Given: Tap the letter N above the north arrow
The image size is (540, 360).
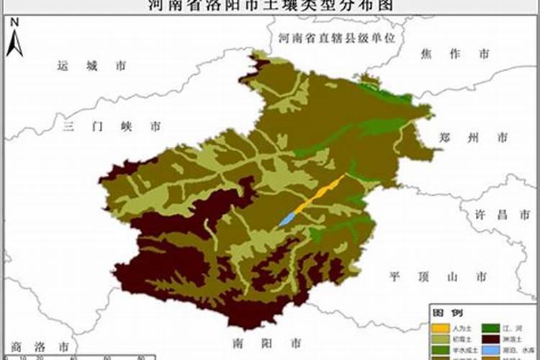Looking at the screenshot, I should [x=14, y=22].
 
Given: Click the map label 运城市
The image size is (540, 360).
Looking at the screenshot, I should [x=91, y=66].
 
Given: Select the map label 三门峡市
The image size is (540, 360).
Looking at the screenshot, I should [x=111, y=126].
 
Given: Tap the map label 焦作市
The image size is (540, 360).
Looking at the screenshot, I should [x=453, y=54].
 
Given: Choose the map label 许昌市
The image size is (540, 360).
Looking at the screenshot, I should [x=492, y=215].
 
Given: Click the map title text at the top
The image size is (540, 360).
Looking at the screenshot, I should [x=269, y=5].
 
